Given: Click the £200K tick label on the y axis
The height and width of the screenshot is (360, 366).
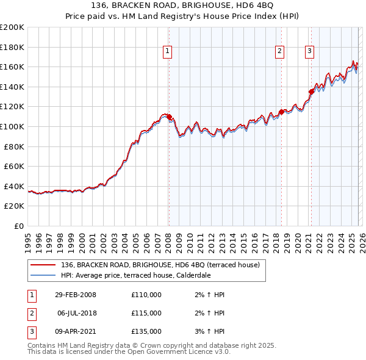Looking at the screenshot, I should pos(12,27).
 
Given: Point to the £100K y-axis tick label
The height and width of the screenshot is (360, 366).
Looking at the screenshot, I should pos(12,127).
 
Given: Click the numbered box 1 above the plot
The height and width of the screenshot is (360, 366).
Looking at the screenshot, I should pos(167,52).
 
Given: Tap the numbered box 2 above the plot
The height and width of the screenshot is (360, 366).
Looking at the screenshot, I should pos(279,52).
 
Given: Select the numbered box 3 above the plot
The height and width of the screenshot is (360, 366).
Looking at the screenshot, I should pos(309,52).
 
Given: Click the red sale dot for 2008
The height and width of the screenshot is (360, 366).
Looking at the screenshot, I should pos(170,117).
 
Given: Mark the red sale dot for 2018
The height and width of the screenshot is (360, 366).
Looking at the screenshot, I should pos(281,112).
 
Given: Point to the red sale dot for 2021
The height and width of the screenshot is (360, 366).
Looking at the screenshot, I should pos(311,92).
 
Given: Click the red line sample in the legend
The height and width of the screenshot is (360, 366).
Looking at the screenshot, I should pos(43,265).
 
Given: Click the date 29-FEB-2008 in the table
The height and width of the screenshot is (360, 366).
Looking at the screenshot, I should pos(76,295).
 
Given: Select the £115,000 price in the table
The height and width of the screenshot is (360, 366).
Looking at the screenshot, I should pos(146,313).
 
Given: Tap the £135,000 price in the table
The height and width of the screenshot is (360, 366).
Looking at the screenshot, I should pos(146,331).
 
